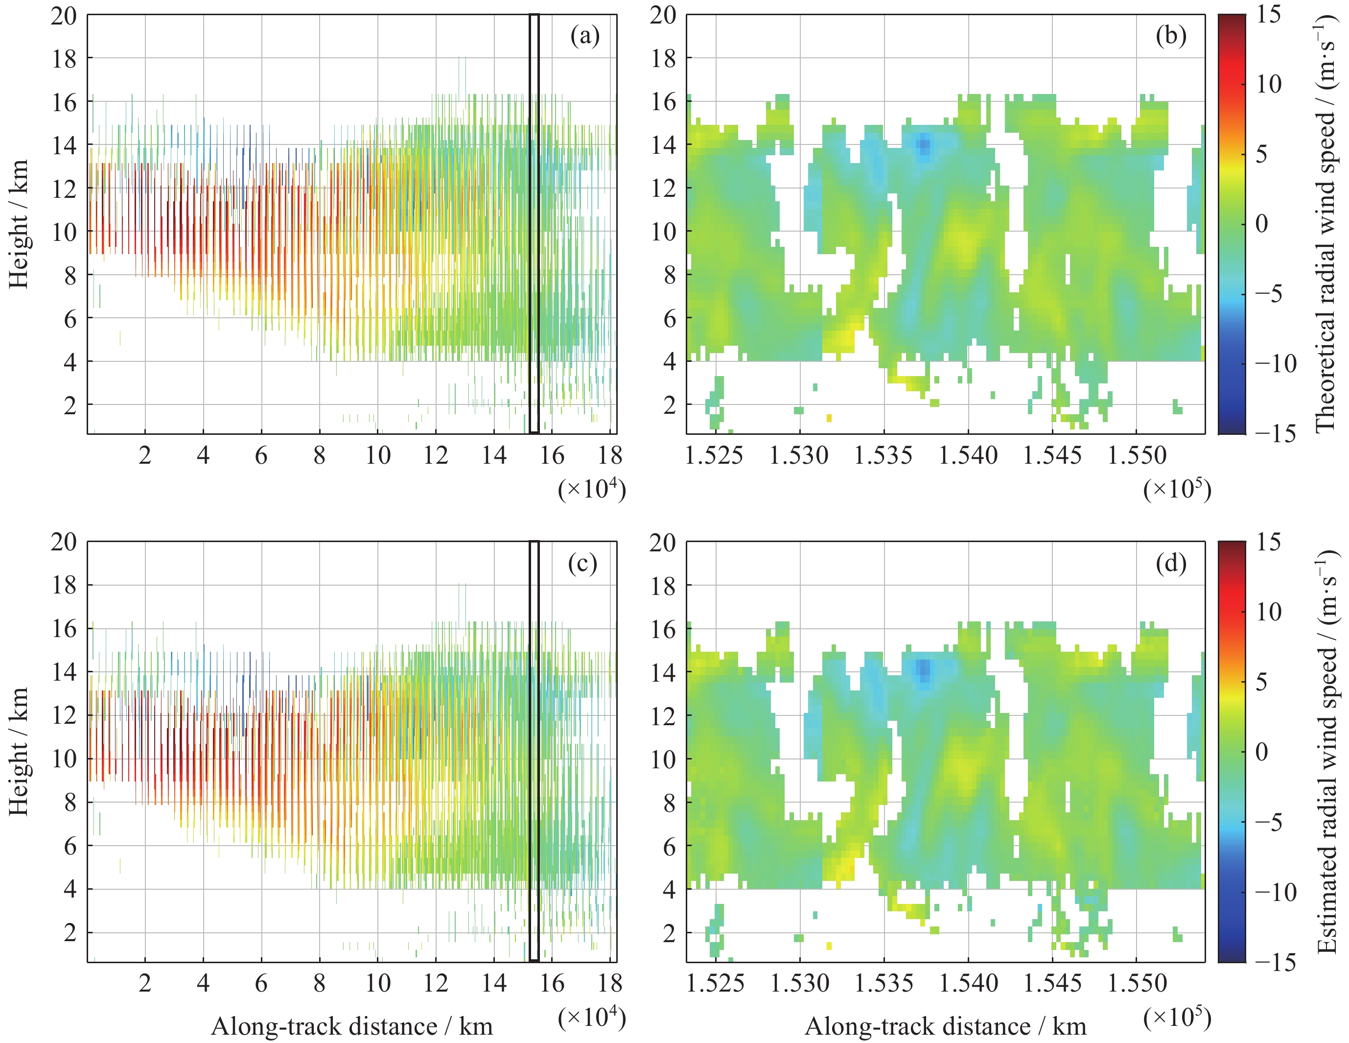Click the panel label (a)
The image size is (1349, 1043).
click(x=584, y=36)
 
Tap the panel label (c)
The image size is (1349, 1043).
click(x=582, y=563)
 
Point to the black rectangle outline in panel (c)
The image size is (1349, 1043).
click(x=535, y=751)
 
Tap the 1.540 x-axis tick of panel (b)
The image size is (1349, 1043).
click(x=968, y=456)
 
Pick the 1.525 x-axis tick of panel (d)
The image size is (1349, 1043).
click(x=715, y=983)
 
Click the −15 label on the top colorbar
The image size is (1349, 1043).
click(x=1275, y=434)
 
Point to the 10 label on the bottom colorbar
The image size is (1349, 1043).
click(x=1269, y=612)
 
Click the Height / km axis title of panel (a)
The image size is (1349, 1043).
click(x=19, y=224)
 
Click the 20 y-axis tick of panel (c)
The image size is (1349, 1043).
click(x=64, y=542)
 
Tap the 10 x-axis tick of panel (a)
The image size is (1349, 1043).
click(x=377, y=456)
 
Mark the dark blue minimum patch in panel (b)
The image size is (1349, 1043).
click(x=924, y=146)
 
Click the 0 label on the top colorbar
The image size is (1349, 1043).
click(x=1262, y=224)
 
